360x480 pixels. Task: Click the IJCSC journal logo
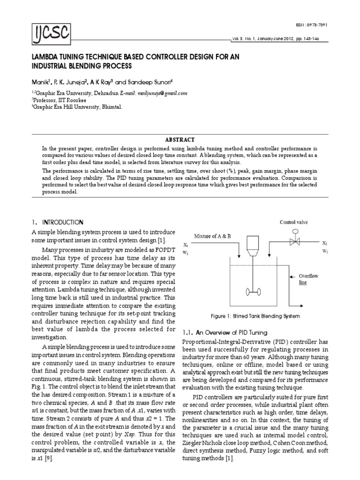[x=48, y=32]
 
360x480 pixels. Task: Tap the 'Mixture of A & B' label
[x=212, y=236]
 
